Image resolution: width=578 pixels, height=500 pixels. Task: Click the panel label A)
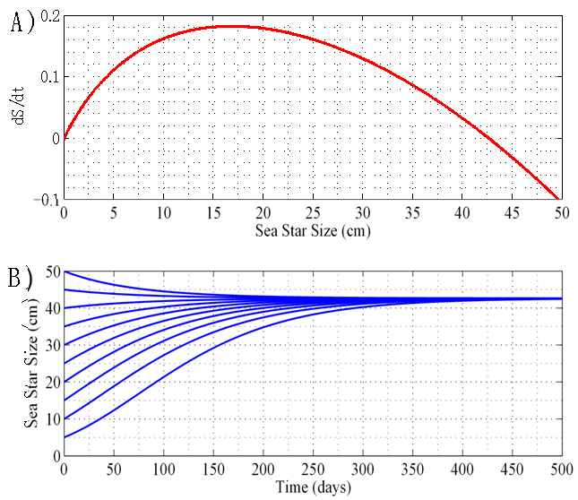[22, 24]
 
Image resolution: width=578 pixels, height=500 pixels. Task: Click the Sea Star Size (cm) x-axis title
[311, 231]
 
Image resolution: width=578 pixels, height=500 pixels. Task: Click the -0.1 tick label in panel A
[46, 199]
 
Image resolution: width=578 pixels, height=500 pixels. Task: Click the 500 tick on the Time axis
[560, 469]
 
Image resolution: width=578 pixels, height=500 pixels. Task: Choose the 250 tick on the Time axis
[312, 469]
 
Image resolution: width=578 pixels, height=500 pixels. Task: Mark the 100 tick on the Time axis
[162, 469]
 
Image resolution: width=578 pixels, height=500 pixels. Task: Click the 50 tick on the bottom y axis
[50, 272]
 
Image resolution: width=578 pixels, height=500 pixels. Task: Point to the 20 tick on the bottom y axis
[50, 382]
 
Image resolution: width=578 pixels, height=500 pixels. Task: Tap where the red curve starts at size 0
[64, 138]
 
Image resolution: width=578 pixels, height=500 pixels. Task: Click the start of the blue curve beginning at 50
[64, 272]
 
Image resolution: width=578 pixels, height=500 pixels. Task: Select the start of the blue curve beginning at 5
[64, 437]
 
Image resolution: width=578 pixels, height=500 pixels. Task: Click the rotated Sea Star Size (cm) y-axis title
[20, 364]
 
